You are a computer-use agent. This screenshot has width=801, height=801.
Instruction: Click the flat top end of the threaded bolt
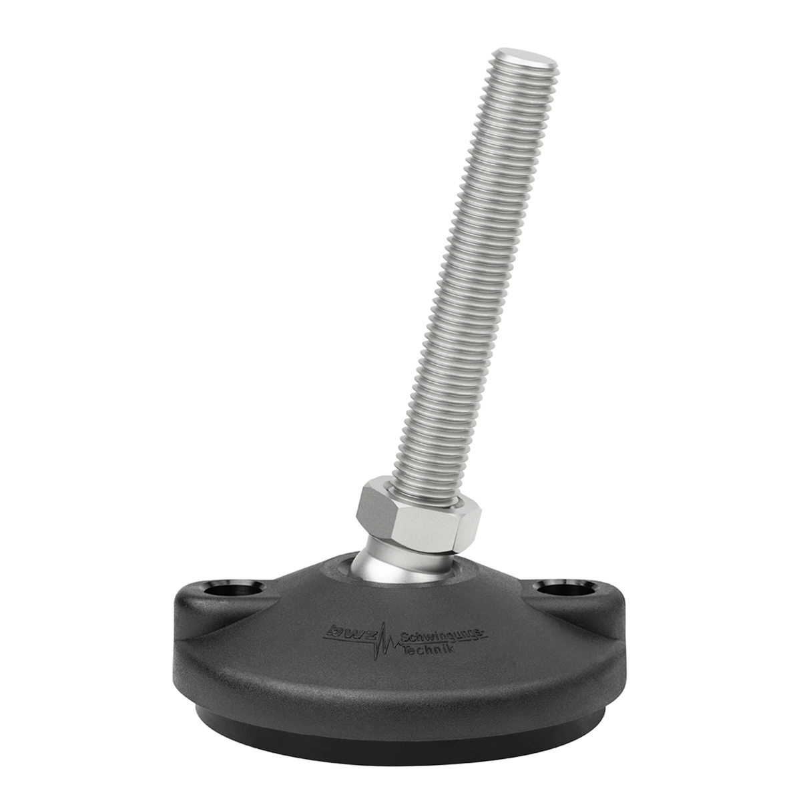pos(524,59)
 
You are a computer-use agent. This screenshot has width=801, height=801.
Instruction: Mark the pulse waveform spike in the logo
pos(385,647)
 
